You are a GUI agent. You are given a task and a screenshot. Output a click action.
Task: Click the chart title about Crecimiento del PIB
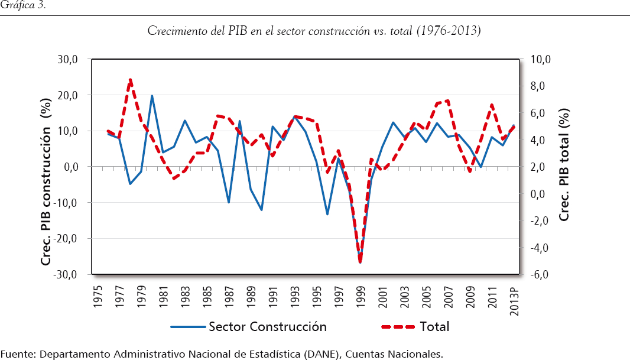click(x=314, y=31)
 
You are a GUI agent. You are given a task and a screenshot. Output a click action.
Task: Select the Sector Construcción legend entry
click(x=267, y=326)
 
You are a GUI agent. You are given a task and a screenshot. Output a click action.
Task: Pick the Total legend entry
click(x=434, y=326)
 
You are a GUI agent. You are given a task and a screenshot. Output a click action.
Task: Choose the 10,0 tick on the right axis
click(x=541, y=59)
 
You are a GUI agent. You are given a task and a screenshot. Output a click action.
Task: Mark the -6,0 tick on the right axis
click(x=540, y=274)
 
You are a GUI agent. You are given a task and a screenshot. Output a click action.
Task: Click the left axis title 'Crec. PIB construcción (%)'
click(x=46, y=167)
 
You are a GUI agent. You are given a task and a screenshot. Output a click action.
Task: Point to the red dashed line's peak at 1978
click(x=130, y=79)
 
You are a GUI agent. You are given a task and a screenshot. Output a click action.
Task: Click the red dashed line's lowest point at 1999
click(x=360, y=261)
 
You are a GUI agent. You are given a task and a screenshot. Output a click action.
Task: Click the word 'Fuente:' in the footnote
click(x=18, y=353)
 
